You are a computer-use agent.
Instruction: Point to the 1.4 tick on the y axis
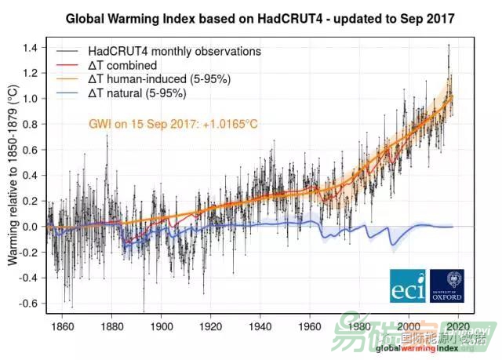coord(32,48)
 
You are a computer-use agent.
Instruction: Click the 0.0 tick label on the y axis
coord(32,227)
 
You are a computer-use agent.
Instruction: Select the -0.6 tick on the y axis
coord(30,304)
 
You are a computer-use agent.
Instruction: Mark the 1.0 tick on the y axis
coord(32,99)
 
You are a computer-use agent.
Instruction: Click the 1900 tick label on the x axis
coord(162,326)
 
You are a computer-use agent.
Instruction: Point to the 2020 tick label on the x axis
coord(457,326)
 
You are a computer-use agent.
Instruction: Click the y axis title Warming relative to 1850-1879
coord(13,176)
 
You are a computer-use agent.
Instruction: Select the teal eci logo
coord(407,286)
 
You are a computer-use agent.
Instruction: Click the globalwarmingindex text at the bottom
coord(413,347)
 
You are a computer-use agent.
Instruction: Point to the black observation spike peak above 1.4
coord(448,45)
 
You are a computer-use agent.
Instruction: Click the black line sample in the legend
coord(64,51)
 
